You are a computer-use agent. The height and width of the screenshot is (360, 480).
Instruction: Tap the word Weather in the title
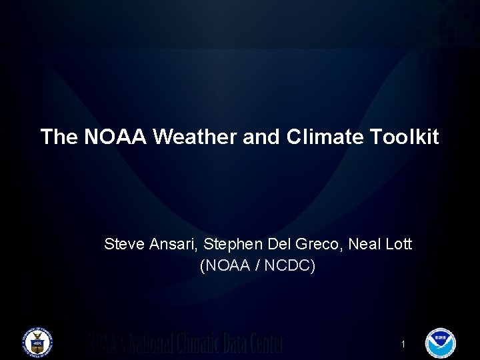pos(193,137)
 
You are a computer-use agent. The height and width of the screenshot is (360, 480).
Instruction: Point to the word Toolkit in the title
pos(405,137)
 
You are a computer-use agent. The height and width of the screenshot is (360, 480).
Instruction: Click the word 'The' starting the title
pos(59,137)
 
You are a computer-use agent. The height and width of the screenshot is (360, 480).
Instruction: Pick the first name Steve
pos(124,245)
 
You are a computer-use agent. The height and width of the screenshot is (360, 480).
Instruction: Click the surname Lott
pos(399,245)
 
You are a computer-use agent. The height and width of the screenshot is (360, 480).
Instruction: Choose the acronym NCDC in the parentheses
pos(288,266)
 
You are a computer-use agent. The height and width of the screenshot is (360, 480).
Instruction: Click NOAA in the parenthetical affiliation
pos(229,266)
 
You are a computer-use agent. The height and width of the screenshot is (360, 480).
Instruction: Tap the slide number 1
pos(403,344)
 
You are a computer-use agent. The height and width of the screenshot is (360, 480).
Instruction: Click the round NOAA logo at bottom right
pos(440,343)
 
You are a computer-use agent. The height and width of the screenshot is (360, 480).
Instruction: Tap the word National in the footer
pos(147,343)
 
